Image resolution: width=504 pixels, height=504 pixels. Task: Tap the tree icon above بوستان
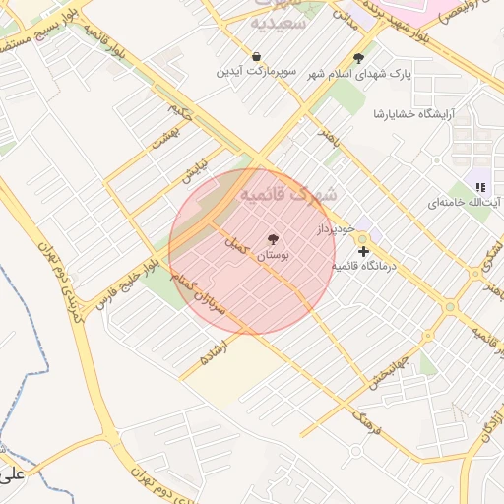click(273, 238)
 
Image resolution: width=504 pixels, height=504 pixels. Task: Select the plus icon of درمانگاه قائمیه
click(363, 252)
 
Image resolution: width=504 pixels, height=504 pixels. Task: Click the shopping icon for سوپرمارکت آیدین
click(256, 57)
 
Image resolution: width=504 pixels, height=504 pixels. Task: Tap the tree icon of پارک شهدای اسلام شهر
click(358, 58)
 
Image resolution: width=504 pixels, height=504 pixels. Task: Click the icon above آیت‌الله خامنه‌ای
click(479, 185)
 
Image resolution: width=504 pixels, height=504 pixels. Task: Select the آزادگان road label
click(489, 417)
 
